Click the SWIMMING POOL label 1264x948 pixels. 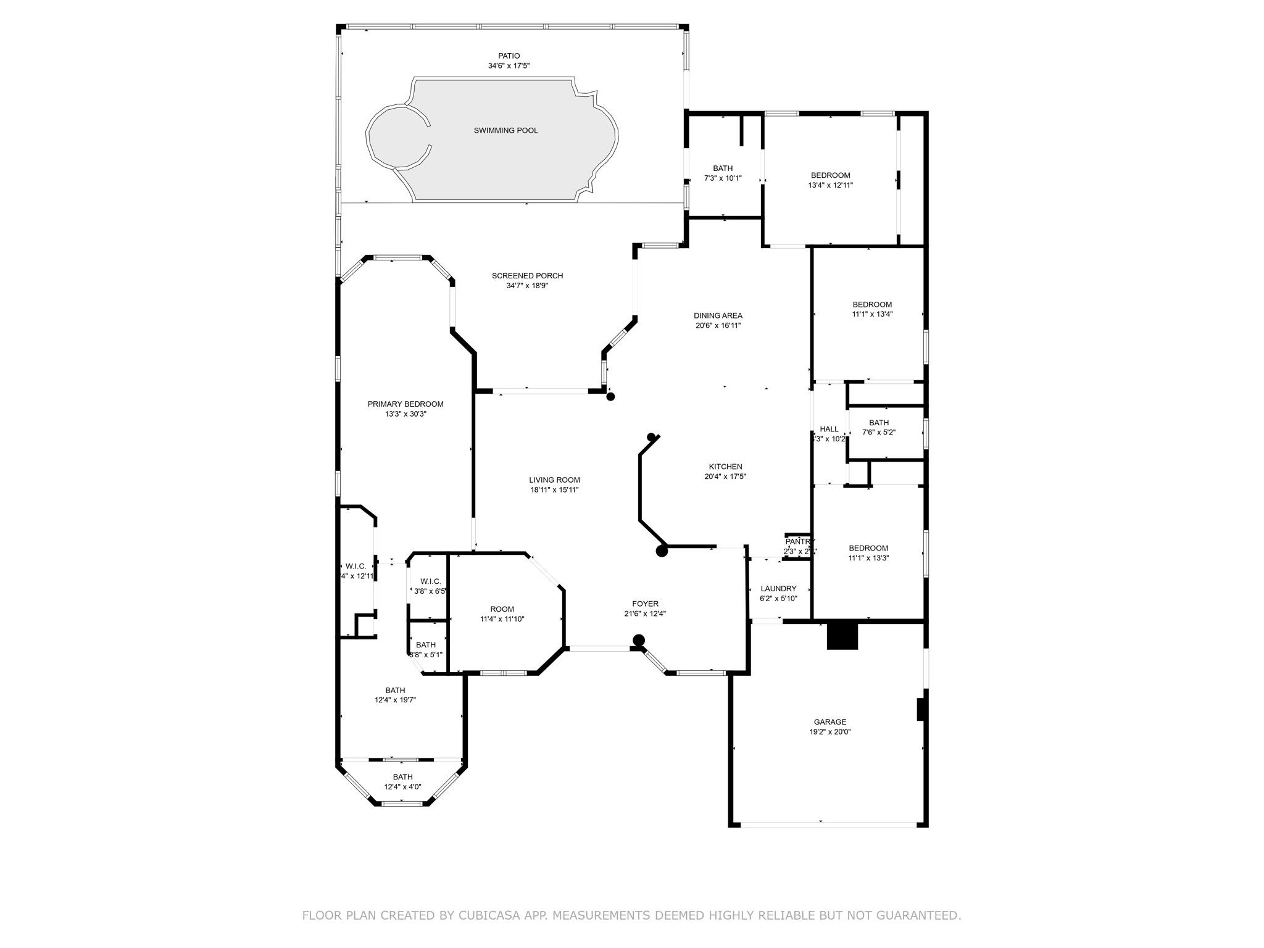(x=505, y=130)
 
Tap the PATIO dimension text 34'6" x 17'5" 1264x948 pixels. (x=509, y=65)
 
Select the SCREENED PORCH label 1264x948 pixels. (x=527, y=276)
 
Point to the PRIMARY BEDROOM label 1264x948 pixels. (x=405, y=404)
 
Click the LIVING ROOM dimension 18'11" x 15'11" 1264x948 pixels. (x=554, y=490)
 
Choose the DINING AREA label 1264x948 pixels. (x=718, y=315)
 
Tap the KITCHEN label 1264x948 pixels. (x=725, y=467)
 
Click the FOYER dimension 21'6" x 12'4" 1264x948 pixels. (x=645, y=613)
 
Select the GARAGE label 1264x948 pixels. (x=829, y=721)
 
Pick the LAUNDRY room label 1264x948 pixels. (x=778, y=589)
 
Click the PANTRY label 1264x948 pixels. (x=800, y=541)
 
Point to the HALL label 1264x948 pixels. (x=829, y=429)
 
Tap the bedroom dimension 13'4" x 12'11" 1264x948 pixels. (x=830, y=185)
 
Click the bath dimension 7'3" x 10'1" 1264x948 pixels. (x=723, y=178)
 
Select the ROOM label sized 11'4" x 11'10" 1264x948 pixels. (x=502, y=609)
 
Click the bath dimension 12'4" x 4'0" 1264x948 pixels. (x=402, y=787)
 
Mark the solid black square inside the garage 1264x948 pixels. (x=842, y=636)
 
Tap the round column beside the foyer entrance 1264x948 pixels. (x=639, y=640)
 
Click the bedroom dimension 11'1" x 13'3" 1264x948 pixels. (x=868, y=558)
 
